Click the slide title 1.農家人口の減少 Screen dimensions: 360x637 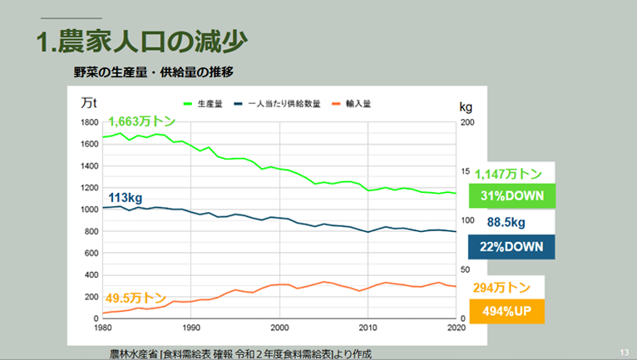[142, 42]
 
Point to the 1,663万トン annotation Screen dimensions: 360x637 [142, 122]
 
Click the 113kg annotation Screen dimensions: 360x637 [126, 198]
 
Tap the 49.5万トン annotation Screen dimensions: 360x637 [136, 297]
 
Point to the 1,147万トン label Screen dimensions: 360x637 [508, 174]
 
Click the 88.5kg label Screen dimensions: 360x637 [506, 223]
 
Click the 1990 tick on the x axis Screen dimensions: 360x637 [191, 327]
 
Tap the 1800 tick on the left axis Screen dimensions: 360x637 [88, 122]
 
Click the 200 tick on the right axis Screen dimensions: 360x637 [467, 122]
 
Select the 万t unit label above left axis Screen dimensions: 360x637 [90, 103]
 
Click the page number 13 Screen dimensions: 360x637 [624, 351]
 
